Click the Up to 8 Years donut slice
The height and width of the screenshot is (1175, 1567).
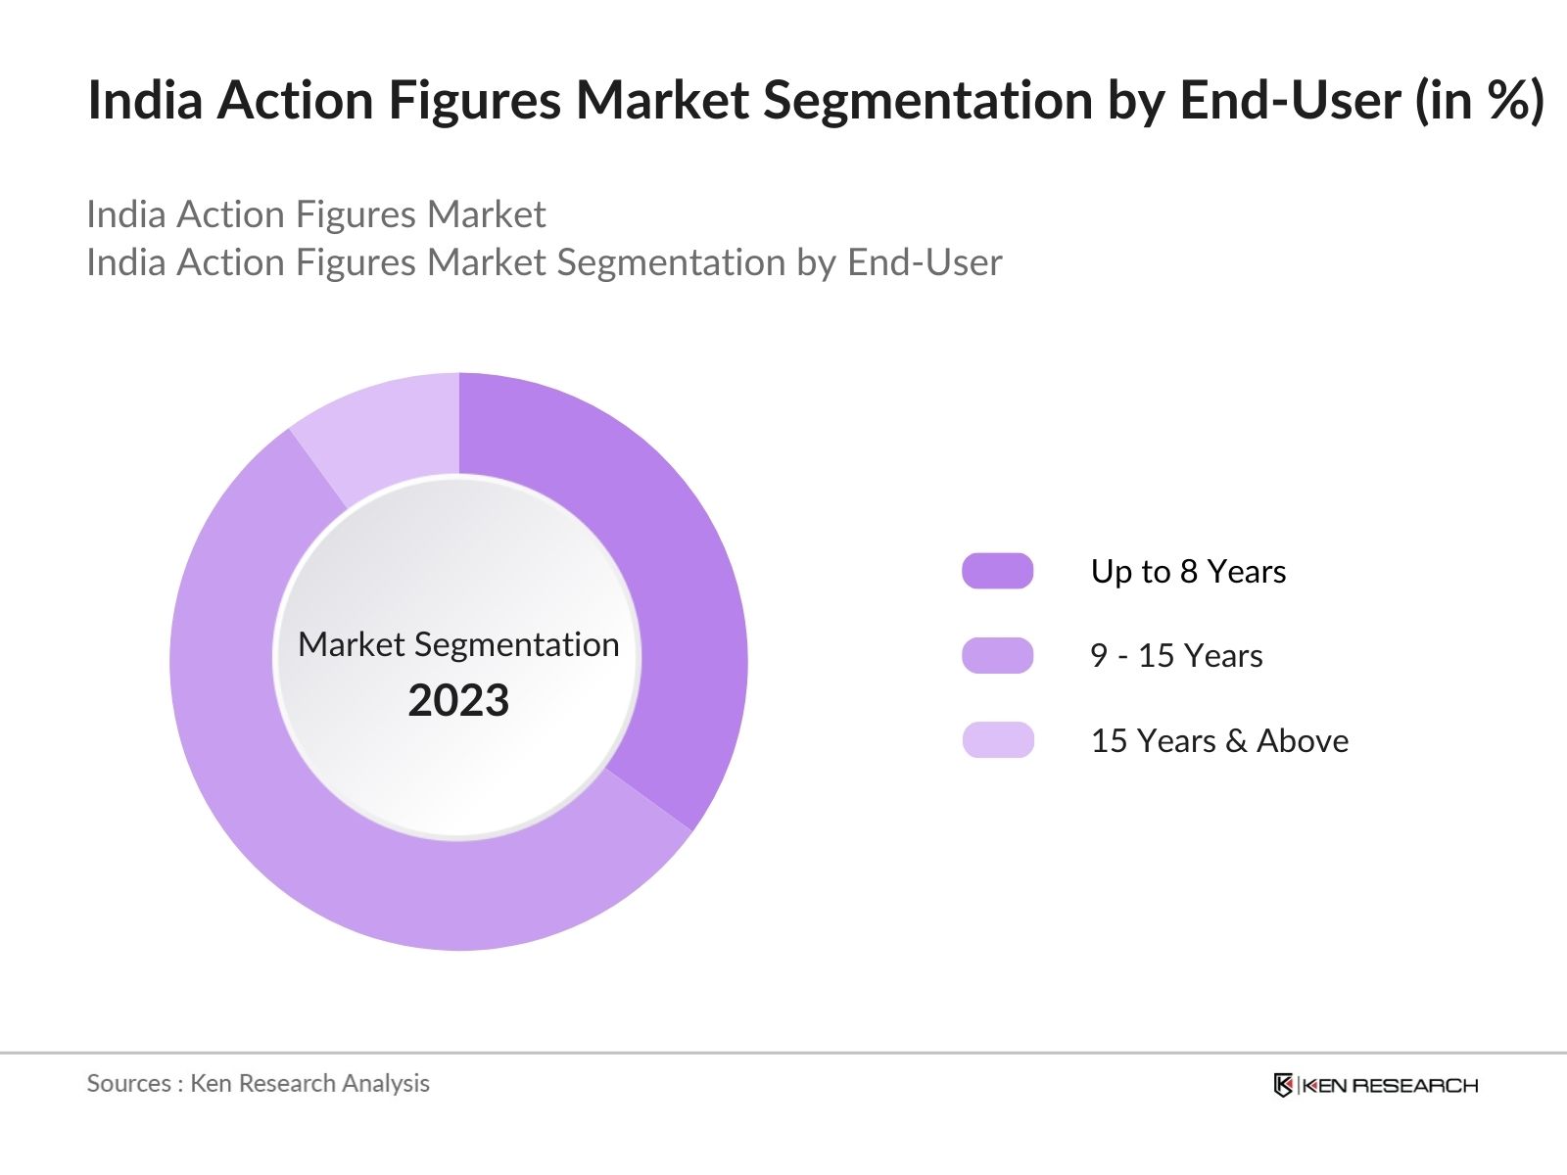tap(666, 548)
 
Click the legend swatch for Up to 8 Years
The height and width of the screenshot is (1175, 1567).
tap(997, 571)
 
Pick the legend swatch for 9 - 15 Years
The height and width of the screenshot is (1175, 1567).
tap(997, 655)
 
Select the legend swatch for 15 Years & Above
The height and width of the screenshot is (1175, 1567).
tap(997, 740)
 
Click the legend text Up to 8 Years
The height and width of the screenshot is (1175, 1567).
tap(1187, 571)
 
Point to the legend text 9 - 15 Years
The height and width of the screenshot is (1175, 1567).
tap(1175, 655)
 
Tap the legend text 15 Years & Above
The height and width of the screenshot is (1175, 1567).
tap(1218, 740)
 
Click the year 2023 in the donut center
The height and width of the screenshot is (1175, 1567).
tap(458, 701)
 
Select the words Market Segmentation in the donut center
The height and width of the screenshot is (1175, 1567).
tap(458, 644)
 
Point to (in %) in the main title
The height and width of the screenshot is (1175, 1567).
tap(1479, 100)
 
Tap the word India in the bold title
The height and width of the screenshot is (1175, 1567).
tap(146, 100)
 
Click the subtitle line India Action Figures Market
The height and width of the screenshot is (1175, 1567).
tap(315, 214)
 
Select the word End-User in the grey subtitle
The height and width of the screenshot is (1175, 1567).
tap(925, 262)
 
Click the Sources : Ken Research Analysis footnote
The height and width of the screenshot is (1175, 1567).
tap(258, 1083)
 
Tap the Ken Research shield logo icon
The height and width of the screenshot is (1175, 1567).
tap(1283, 1085)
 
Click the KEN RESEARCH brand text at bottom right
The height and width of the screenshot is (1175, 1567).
tap(1389, 1085)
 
